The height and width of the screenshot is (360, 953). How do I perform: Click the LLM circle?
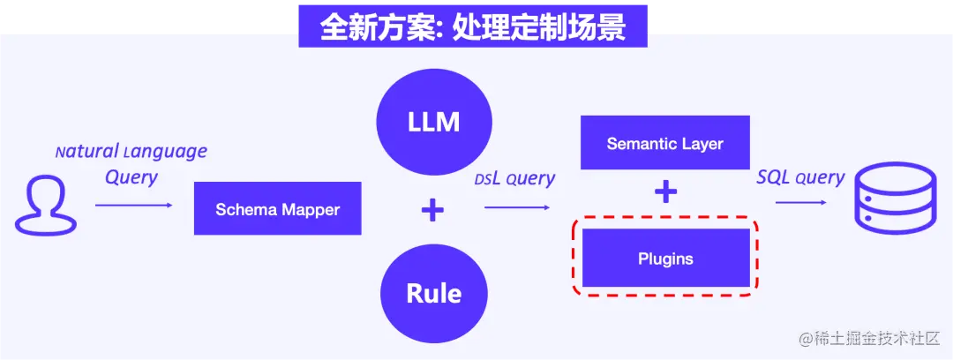point(434,121)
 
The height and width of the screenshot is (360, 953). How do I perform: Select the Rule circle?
point(434,292)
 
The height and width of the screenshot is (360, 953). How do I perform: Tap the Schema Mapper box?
point(278,209)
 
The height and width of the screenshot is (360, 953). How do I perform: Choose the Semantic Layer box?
point(664,143)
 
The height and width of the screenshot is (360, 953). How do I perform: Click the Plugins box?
point(665,259)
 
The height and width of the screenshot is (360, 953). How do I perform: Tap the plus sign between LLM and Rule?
point(432,210)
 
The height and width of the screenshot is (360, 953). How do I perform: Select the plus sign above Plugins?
point(665,192)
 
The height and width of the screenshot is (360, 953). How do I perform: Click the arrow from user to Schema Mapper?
point(134,205)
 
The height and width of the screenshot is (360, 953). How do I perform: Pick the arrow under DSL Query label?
point(517,208)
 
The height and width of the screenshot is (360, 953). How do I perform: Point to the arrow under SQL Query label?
point(800,203)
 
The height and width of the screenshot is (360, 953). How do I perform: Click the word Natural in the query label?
point(86,152)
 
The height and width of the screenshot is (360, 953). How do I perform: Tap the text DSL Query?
point(514,179)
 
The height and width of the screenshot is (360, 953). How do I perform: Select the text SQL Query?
point(800,177)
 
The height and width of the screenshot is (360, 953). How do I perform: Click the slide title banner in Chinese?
point(472,27)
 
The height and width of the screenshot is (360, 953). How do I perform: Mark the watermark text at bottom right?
point(870,339)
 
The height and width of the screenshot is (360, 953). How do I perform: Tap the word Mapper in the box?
point(311,209)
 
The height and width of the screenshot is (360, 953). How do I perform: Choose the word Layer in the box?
point(703,143)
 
